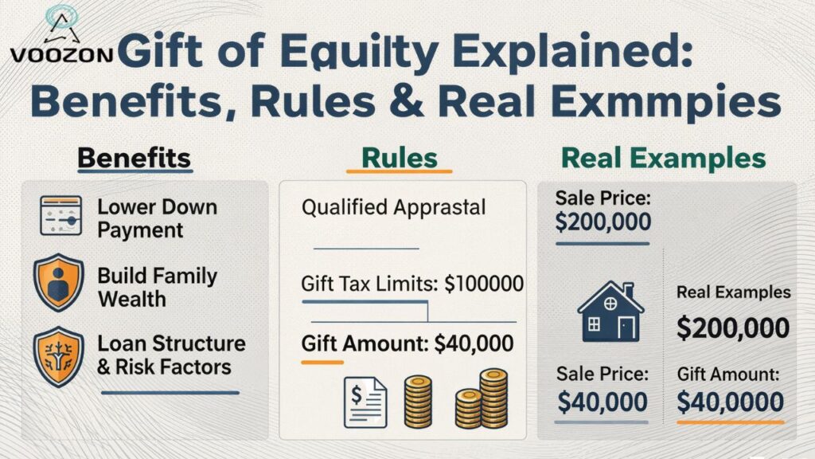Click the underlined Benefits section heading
[x=134, y=158]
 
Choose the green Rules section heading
[x=399, y=158]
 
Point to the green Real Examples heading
[x=664, y=158]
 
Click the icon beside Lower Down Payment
[x=61, y=216]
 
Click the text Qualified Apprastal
[x=393, y=209]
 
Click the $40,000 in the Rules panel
[x=474, y=343]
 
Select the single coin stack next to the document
[x=418, y=400]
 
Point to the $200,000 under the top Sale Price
[x=602, y=222]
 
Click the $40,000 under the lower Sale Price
[x=602, y=402]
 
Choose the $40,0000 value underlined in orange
[x=731, y=402]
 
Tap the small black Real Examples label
[x=733, y=292]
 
